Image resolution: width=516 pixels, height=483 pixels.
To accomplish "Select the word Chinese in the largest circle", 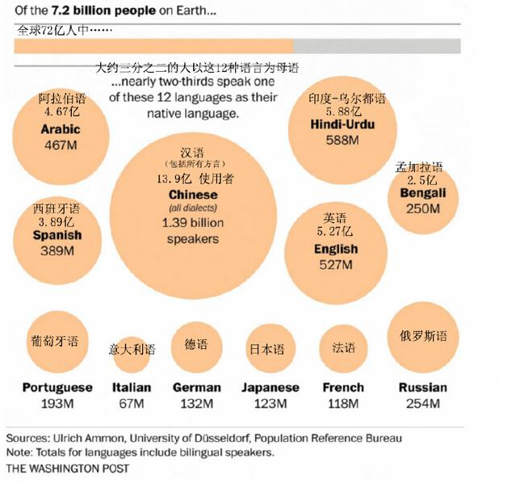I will point(193,195).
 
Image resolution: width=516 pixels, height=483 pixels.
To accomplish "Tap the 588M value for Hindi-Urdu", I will point(342,140).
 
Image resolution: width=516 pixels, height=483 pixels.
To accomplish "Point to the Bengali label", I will point(423,194).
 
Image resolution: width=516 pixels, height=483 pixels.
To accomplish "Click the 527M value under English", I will point(335,265).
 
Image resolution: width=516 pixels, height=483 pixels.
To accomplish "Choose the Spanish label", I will point(57,236).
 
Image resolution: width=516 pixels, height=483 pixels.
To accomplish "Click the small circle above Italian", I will point(132,349).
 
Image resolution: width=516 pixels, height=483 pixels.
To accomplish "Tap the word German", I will point(196,388).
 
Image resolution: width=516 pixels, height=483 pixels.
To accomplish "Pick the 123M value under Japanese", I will point(270,403).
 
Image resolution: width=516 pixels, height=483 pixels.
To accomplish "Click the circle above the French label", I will point(343,348).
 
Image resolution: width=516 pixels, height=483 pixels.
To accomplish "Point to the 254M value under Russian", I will point(422,403).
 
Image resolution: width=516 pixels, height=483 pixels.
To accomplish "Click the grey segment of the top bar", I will point(376,46).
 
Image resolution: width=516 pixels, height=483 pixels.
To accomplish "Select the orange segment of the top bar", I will point(153,46).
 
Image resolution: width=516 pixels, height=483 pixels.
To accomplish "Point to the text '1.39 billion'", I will point(193,223).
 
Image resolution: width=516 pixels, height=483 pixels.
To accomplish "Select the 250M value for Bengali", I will point(423,208).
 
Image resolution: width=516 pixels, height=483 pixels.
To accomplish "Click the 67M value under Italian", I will point(132,403).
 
